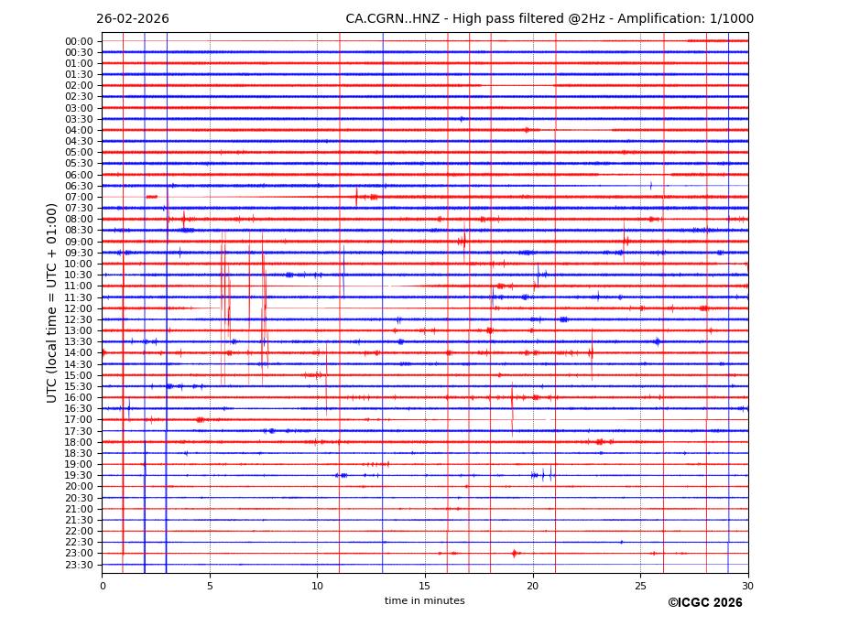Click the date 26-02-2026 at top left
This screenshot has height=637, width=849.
click(133, 19)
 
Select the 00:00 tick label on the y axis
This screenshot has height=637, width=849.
click(79, 41)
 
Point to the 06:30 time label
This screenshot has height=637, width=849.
click(79, 186)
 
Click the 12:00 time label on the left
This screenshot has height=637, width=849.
click(79, 308)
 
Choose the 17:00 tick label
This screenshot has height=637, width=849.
click(79, 420)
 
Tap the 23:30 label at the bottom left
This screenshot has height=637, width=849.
click(79, 565)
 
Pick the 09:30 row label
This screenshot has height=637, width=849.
click(79, 253)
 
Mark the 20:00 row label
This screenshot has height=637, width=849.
click(79, 487)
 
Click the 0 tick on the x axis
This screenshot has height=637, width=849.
click(103, 586)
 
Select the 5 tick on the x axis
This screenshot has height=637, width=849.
click(210, 586)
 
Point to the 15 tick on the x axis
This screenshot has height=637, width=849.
click(425, 586)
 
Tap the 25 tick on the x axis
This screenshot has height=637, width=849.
click(640, 586)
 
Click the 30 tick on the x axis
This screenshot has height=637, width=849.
click(748, 586)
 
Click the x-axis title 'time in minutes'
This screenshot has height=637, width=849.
click(425, 601)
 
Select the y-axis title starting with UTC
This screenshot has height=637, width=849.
click(53, 303)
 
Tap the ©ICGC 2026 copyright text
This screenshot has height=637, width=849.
click(704, 603)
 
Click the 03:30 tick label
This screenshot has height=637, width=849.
click(79, 119)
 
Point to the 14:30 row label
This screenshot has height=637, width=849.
click(79, 364)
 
